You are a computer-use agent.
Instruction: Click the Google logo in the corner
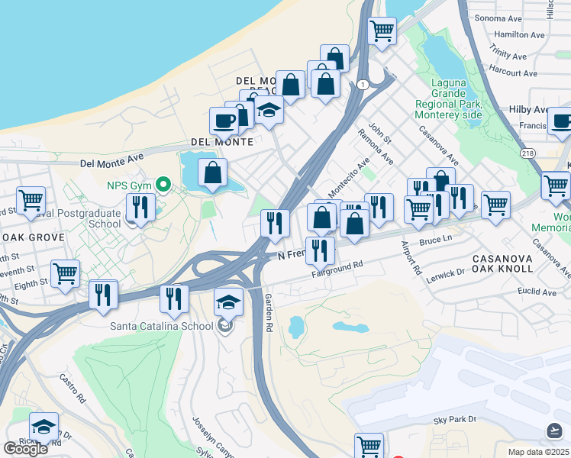pyautogui.click(x=26, y=449)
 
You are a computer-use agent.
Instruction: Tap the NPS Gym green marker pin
pyautogui.click(x=162, y=185)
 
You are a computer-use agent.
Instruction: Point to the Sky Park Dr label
pyautogui.click(x=454, y=420)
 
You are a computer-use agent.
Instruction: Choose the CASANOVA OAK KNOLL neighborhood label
pyautogui.click(x=508, y=265)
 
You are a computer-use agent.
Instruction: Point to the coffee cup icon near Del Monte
pyautogui.click(x=224, y=121)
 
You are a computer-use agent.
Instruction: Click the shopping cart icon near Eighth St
pyautogui.click(x=65, y=273)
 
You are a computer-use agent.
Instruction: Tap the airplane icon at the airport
pyautogui.click(x=555, y=431)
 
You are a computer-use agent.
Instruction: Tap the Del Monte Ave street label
pyautogui.click(x=112, y=162)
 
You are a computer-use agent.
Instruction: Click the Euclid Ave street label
pyautogui.click(x=537, y=292)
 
